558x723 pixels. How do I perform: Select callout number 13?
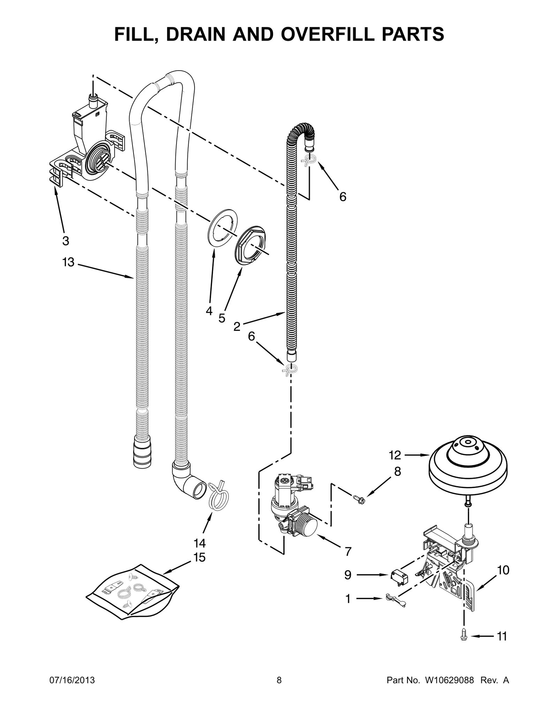click(68, 262)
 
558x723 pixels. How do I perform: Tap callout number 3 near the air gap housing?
click(66, 241)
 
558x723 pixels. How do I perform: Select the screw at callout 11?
click(463, 636)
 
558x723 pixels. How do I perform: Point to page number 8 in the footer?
click(279, 690)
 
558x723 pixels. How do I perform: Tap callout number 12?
click(395, 455)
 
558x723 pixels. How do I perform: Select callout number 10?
click(503, 570)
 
